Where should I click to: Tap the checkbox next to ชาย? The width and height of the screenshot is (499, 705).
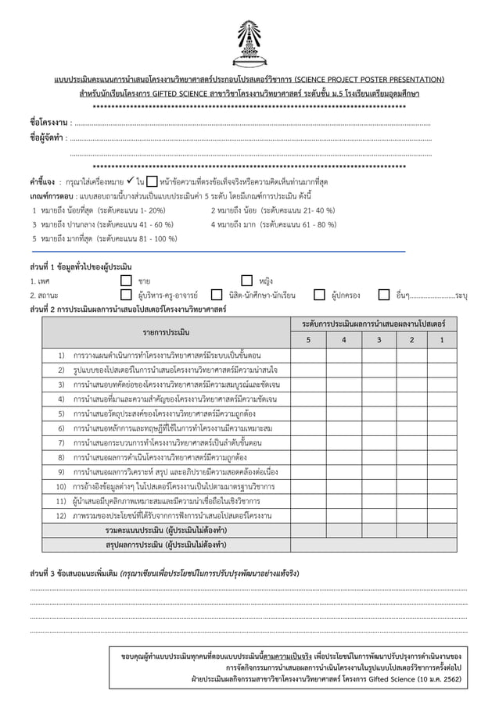click(126, 281)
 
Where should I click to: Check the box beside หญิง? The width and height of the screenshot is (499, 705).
click(246, 281)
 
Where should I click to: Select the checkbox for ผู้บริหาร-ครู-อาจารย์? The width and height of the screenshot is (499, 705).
click(126, 295)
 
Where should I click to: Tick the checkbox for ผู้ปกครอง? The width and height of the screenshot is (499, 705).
click(319, 295)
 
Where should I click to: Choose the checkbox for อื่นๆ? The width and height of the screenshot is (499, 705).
click(384, 295)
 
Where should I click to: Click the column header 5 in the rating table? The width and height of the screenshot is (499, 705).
click(307, 340)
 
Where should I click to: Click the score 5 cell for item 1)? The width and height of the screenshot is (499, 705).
click(307, 355)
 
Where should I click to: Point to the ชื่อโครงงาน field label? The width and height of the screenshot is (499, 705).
click(47, 123)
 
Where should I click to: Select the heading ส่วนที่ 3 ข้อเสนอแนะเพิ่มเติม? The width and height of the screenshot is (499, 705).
click(72, 573)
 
